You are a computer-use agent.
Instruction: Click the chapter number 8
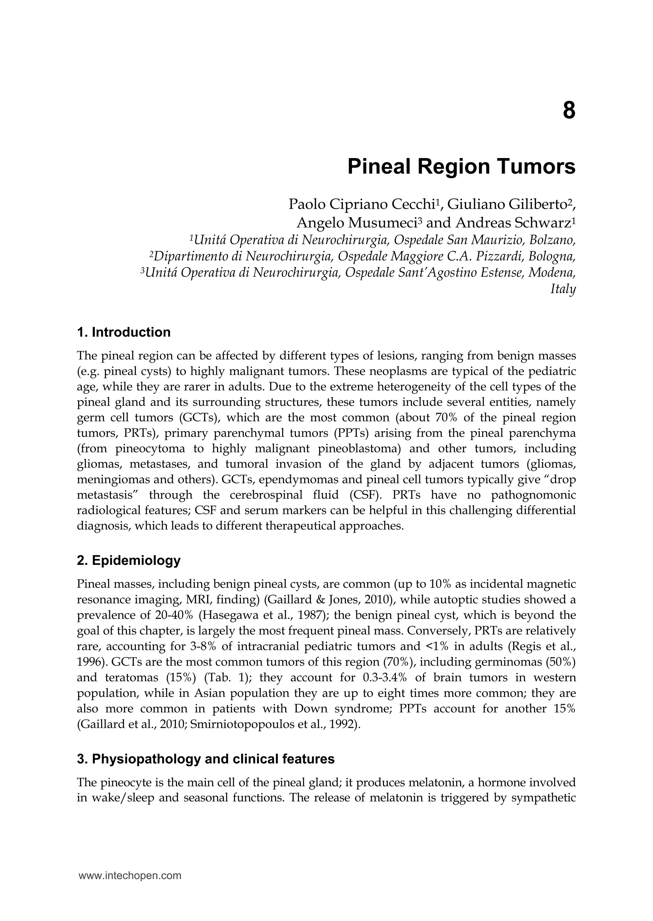click(569, 111)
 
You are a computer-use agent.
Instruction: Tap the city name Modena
click(552, 273)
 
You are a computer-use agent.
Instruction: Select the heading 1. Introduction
click(123, 333)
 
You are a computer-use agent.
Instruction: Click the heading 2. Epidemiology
click(129, 560)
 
